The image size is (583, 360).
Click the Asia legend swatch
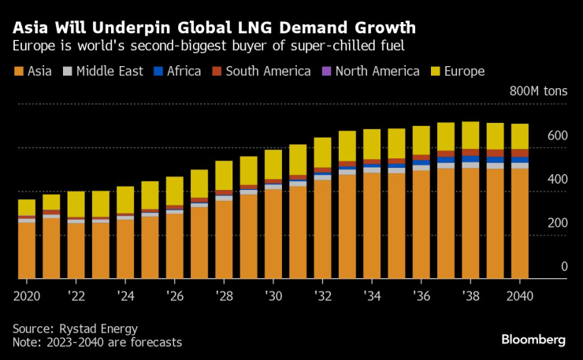(18, 72)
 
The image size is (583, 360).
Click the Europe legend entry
(463, 72)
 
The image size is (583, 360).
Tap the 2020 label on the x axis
(28, 296)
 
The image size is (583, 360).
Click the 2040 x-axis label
(519, 296)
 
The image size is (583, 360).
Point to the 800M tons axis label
(538, 92)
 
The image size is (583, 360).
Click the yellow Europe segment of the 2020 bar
(27, 207)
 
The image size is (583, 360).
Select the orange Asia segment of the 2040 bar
(520, 224)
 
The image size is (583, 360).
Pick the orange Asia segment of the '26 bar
(175, 246)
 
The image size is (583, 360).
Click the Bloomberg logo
(533, 340)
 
